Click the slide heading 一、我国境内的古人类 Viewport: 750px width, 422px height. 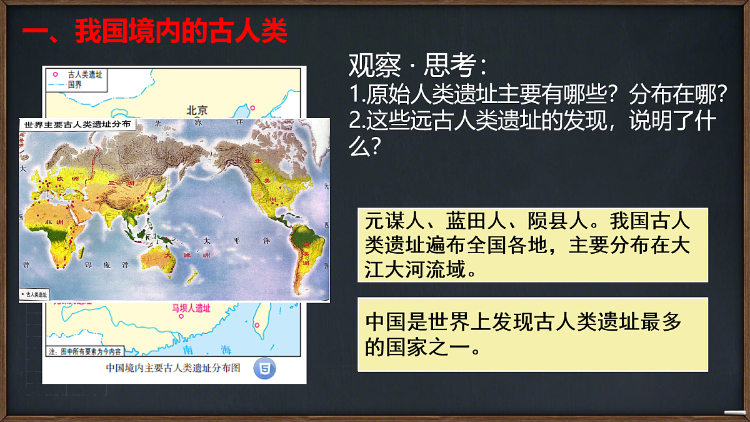(155, 31)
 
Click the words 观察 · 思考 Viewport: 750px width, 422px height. (417, 64)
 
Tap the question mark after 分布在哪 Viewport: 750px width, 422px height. (722, 94)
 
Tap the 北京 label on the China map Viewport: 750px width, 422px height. (196, 110)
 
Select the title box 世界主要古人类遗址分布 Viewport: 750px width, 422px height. (77, 124)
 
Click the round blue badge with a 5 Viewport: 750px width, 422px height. (265, 368)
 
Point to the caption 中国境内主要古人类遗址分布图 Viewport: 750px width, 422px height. (173, 368)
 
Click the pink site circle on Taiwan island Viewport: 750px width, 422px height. (256, 324)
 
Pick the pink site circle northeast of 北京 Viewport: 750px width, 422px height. (252, 108)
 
